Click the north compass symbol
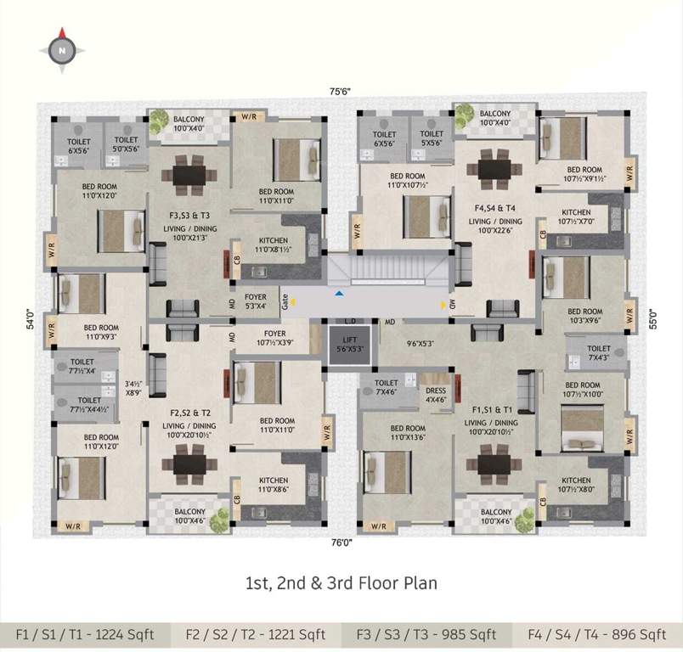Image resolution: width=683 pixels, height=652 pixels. coord(62,50)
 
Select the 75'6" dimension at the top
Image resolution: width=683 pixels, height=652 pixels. coord(341,91)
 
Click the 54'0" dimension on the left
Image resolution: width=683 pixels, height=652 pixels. coord(30,318)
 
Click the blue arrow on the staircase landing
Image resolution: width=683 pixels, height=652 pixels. coord(340,293)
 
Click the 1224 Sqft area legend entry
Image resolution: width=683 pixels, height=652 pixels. coord(85,634)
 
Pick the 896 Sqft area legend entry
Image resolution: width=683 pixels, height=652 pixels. coord(596,634)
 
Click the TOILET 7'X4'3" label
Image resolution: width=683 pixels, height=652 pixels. coord(598,353)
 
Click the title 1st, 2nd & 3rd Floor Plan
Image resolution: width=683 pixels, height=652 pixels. coord(341,583)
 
